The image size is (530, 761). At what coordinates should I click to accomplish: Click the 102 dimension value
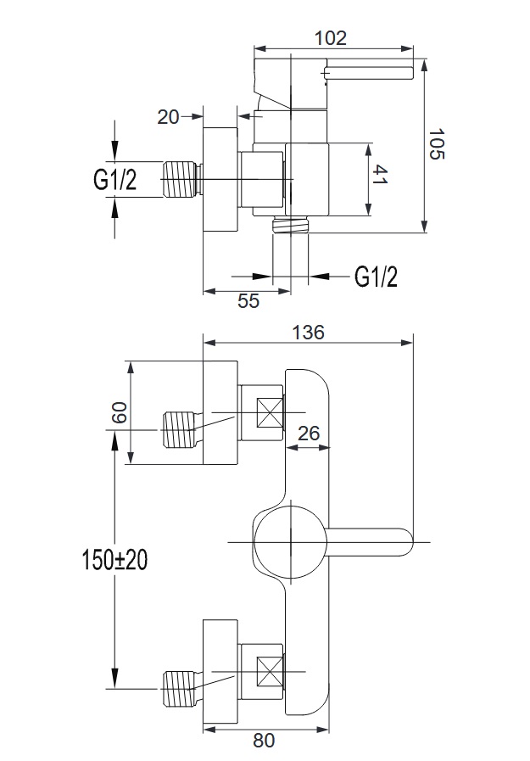pos(332,37)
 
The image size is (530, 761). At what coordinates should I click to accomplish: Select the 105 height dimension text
pos(437,143)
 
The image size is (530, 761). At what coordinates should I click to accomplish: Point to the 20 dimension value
pos(169,116)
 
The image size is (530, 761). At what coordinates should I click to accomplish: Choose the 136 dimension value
pos(308,332)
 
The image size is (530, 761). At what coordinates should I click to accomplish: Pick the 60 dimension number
pos(118,413)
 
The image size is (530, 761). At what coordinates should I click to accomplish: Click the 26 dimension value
pos(308,433)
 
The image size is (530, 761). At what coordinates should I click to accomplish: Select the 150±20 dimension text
pos(114,561)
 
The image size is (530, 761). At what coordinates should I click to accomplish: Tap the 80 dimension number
pos(264,741)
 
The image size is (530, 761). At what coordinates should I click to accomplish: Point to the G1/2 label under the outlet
pos(376,276)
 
